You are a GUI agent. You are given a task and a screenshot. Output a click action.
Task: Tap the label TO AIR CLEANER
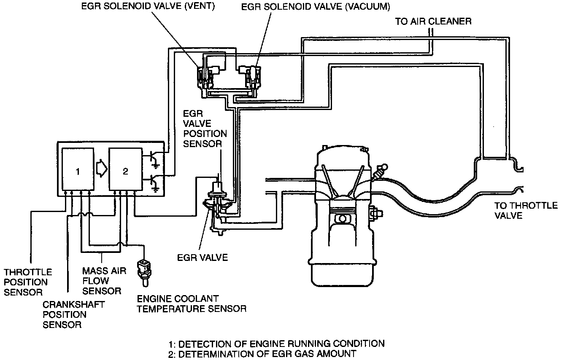433,21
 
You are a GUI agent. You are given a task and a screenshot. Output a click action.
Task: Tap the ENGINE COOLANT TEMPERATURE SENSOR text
192,304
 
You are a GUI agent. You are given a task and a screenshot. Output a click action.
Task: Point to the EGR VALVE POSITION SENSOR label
205,129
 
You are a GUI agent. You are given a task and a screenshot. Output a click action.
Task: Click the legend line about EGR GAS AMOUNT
262,353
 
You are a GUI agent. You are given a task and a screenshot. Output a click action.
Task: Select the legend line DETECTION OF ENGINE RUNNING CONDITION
276,343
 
